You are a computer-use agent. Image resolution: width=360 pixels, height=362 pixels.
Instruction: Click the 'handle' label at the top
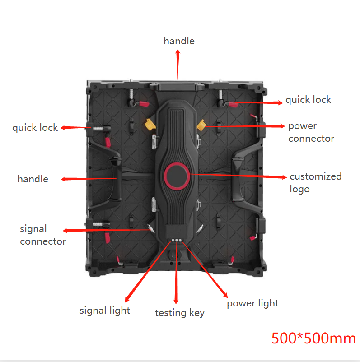click(179, 41)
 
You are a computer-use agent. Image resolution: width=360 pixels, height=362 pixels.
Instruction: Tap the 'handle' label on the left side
click(33, 179)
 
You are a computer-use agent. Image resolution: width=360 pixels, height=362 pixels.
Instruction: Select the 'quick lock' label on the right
click(308, 100)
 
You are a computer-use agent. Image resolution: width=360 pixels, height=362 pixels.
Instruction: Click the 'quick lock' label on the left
click(35, 128)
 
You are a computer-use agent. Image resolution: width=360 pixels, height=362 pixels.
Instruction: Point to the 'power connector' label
click(311, 132)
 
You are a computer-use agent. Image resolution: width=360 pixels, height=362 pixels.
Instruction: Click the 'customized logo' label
click(315, 182)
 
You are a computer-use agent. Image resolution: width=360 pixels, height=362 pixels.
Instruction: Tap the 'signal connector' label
click(42, 235)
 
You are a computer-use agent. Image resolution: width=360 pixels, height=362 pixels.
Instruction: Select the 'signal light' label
click(105, 311)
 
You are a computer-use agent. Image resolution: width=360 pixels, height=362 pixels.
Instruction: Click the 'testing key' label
click(179, 313)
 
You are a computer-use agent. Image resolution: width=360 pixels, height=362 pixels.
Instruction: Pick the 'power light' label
click(252, 303)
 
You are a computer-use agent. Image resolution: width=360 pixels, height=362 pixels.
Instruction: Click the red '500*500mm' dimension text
click(313, 338)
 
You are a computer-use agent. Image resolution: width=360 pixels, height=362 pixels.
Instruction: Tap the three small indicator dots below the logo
click(176, 241)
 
